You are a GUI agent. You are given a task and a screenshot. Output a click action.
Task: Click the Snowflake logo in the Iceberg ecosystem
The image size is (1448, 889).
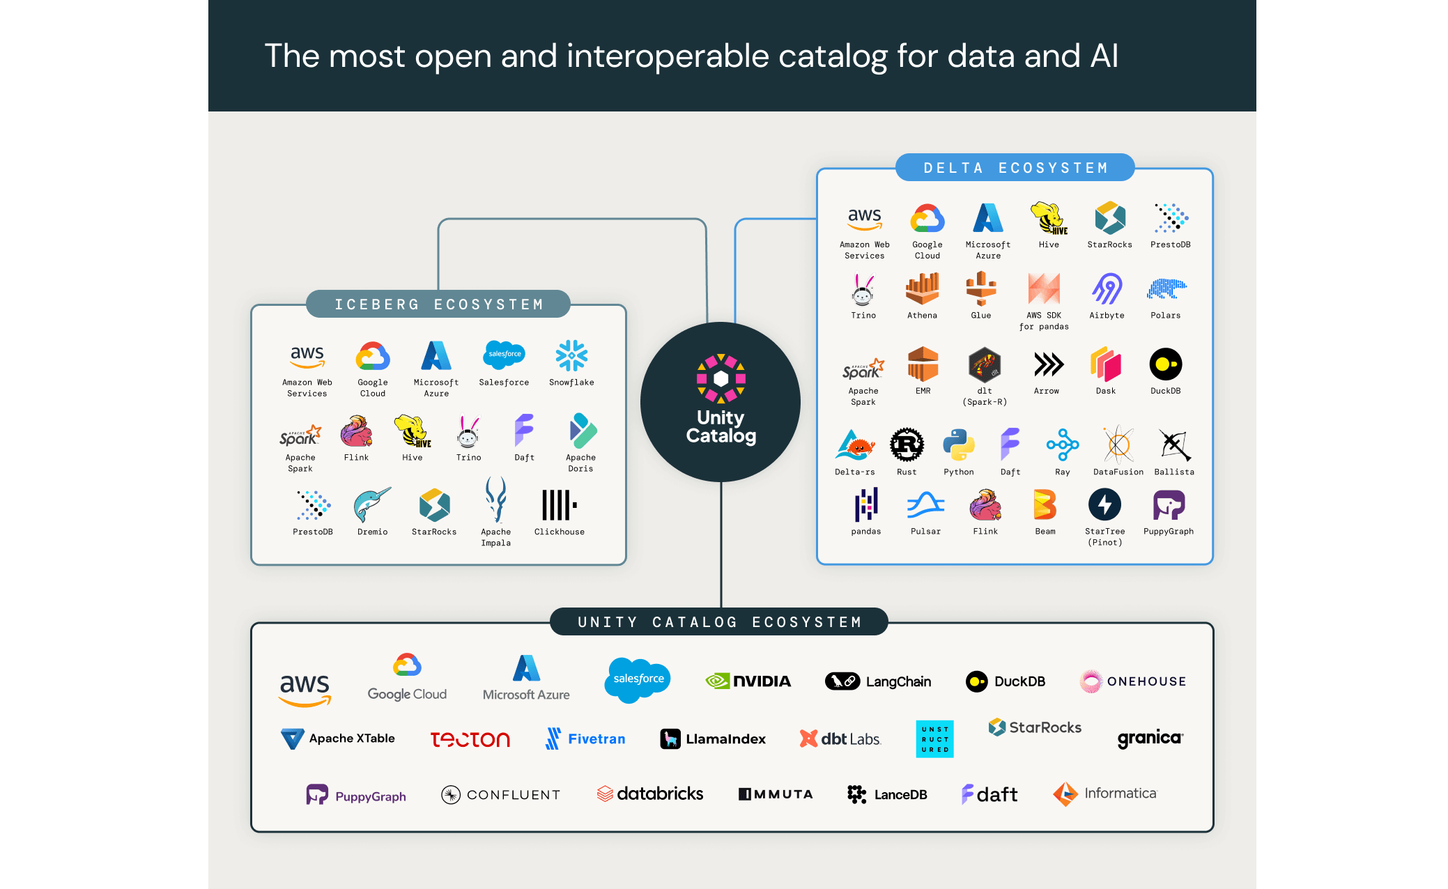tap(571, 356)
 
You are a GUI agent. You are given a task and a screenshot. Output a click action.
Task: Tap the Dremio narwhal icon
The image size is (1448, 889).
tap(372, 504)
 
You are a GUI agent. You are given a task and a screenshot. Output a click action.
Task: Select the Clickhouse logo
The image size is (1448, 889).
tap(559, 504)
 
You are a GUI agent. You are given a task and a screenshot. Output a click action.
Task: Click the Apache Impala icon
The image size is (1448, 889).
tap(495, 500)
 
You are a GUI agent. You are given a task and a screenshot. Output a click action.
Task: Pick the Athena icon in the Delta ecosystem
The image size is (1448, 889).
tap(922, 288)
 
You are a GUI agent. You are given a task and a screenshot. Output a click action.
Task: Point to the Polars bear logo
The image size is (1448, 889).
tap(1166, 288)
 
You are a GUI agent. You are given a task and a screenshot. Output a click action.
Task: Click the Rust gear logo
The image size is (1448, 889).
tap(907, 445)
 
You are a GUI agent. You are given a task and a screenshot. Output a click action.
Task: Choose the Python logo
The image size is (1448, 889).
tap(959, 445)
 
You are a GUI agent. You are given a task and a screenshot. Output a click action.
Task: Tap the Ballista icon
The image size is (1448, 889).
tap(1174, 445)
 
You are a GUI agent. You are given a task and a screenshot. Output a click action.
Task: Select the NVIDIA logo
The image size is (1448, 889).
tap(748, 681)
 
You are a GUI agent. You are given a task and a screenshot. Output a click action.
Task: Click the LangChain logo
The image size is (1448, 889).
tap(878, 681)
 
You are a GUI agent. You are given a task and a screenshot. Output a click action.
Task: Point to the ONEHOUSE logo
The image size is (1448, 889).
tap(1133, 681)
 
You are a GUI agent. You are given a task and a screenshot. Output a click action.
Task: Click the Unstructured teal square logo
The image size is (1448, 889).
tap(934, 739)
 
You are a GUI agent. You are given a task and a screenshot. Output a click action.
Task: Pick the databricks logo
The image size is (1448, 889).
tap(650, 794)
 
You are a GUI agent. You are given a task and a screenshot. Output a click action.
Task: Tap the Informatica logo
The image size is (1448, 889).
tap(1104, 794)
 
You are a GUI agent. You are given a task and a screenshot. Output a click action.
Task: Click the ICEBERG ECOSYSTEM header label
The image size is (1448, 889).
tap(438, 304)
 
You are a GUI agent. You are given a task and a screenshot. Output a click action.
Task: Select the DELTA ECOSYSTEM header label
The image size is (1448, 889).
tap(1015, 168)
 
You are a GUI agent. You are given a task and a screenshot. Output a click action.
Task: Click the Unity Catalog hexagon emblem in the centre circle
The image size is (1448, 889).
tap(721, 378)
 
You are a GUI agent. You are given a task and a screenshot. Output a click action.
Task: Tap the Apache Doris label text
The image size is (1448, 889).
tap(580, 463)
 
